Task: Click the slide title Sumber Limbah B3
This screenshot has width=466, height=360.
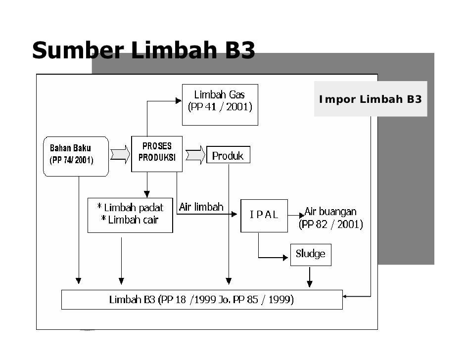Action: coord(143,51)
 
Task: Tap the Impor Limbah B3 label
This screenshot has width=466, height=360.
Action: coord(370,99)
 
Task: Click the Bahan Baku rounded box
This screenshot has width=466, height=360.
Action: coord(76,156)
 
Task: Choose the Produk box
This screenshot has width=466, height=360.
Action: coord(228,155)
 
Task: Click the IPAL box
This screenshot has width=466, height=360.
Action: coord(264,216)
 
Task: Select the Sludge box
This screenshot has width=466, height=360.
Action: coord(311,255)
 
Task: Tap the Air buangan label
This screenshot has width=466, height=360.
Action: coord(330,212)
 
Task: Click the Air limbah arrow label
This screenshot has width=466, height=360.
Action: coord(201,207)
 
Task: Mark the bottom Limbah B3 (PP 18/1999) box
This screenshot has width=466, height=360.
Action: coord(201,300)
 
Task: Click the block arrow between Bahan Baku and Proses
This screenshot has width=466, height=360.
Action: coord(120,154)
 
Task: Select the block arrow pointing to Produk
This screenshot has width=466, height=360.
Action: coord(195,155)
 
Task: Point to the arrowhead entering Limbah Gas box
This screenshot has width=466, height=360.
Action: coord(179,101)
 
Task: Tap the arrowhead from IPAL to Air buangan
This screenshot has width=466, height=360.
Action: coord(302,216)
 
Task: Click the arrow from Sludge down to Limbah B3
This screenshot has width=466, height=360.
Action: coord(310,277)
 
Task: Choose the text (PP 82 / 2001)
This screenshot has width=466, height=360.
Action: coord(330,225)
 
